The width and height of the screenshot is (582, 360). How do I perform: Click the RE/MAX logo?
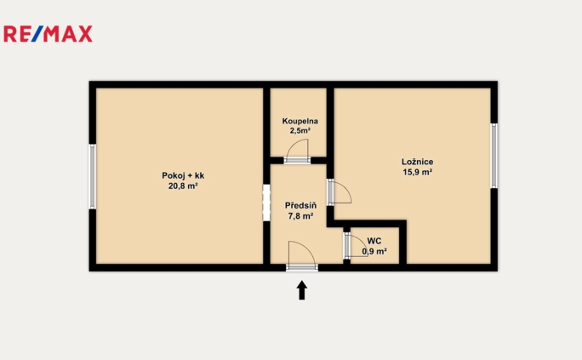pyautogui.click(x=48, y=34)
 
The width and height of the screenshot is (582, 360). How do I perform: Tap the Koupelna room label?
pyautogui.click(x=300, y=122)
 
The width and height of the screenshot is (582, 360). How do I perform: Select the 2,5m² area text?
pyautogui.click(x=300, y=131)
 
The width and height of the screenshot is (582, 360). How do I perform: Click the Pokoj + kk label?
pyautogui.click(x=183, y=175)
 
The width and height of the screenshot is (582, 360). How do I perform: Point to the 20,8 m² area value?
pyautogui.click(x=183, y=185)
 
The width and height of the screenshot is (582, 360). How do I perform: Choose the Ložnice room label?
pyautogui.click(x=418, y=162)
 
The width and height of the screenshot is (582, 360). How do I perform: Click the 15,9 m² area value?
pyautogui.click(x=418, y=172)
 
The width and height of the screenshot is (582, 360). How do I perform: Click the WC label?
pyautogui.click(x=374, y=241)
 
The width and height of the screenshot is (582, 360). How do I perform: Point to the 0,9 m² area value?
pyautogui.click(x=375, y=251)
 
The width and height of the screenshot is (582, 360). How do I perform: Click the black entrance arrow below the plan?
pyautogui.click(x=301, y=291)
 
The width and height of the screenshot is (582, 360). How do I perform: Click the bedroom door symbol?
pyautogui.click(x=339, y=192)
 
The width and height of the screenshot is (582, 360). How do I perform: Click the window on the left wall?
pyautogui.click(x=93, y=176)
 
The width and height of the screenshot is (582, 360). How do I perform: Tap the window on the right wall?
pyautogui.click(x=494, y=156)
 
